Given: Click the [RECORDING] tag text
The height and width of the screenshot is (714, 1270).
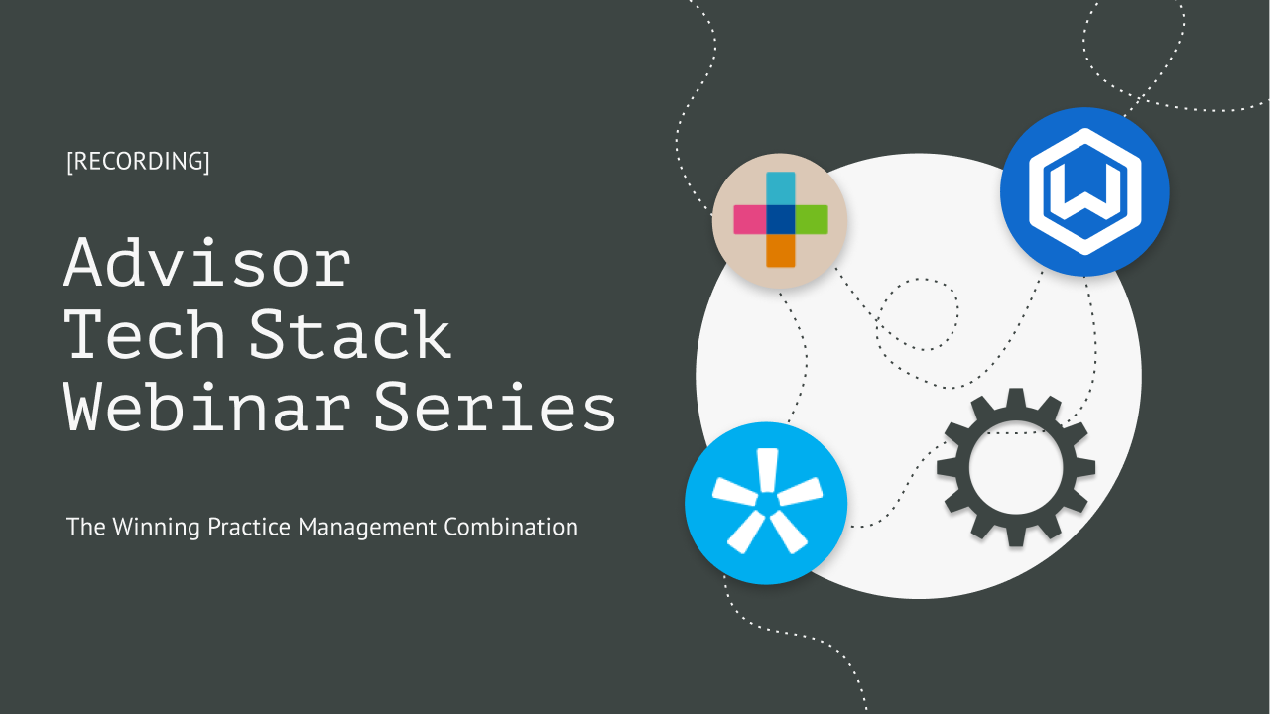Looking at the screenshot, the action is point(138,162).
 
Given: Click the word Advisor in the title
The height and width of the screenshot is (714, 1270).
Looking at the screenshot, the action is point(207,263).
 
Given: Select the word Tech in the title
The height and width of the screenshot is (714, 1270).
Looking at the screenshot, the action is point(147,336).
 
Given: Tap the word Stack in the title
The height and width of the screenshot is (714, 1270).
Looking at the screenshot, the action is point(351,336).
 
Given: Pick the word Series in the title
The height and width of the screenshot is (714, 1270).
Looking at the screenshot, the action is point(495,409).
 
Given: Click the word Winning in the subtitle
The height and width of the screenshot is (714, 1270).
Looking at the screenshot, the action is point(158,527).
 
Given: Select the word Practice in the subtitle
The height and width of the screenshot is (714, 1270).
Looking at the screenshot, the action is point(250,527).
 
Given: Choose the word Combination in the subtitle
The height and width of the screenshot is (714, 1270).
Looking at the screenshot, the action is point(511,527).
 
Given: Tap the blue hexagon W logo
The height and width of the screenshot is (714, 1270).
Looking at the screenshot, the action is point(1084,191).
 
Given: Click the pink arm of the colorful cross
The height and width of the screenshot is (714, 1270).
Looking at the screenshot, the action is point(749,219).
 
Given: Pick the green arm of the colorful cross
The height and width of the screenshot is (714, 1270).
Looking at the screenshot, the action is point(812,219).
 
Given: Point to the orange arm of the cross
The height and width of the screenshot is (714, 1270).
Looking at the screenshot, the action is point(780,250).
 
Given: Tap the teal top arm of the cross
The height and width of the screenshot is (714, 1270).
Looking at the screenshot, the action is point(780,187).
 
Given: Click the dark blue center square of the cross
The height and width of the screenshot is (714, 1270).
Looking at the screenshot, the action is point(780,219).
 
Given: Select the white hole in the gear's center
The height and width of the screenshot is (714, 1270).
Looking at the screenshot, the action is point(1016,467).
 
